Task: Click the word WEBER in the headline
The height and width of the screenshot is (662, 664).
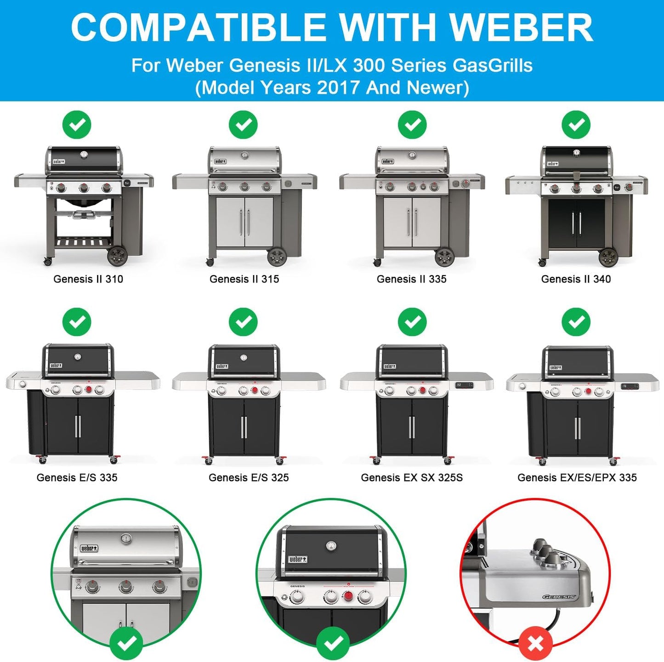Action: tap(521, 28)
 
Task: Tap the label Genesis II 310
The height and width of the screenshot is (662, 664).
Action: tap(88, 279)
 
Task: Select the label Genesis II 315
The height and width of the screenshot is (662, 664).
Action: tap(244, 279)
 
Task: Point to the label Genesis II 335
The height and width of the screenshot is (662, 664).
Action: tap(411, 279)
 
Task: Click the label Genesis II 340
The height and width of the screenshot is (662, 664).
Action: tap(576, 279)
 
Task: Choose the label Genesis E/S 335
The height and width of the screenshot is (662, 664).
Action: tap(77, 477)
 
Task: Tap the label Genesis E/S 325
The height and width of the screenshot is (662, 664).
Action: tap(249, 477)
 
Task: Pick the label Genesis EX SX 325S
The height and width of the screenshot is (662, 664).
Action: tap(412, 477)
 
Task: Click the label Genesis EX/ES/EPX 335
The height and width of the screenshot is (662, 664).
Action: tap(577, 477)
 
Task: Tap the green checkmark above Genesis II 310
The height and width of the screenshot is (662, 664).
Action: tap(77, 124)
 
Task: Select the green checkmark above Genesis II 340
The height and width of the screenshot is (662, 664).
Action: tap(576, 124)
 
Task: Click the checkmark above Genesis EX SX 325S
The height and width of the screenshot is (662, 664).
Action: tap(412, 322)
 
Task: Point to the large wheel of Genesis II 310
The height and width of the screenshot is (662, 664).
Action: tap(117, 256)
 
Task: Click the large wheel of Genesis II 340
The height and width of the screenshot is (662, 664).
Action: tap(608, 257)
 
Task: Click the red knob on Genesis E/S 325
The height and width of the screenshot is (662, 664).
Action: tap(255, 391)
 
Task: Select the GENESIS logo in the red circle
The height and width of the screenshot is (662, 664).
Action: tap(559, 597)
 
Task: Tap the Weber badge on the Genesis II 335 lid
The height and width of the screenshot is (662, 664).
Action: tap(387, 162)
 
